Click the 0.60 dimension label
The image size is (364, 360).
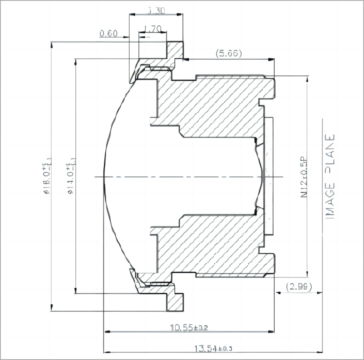pyautogui.click(x=108, y=33)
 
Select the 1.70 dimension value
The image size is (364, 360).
pyautogui.click(x=152, y=29)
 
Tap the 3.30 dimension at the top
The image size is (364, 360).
pyautogui.click(x=157, y=9)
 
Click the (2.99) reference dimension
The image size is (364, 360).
pyautogui.click(x=298, y=286)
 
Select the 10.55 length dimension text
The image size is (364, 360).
pyautogui.click(x=188, y=328)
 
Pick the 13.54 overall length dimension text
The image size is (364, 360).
pyautogui.click(x=213, y=348)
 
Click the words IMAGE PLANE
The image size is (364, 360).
pyautogui.click(x=329, y=176)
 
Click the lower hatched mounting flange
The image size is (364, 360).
pyautogui.click(x=175, y=300)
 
